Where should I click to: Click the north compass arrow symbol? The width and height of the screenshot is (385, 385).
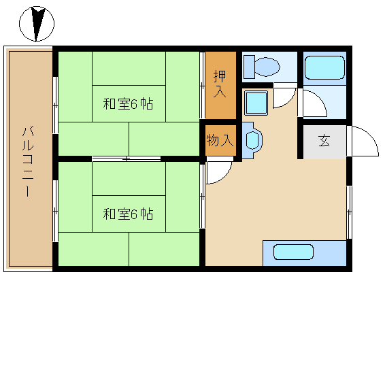click(37, 24)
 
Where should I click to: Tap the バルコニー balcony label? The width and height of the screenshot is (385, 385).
click(28, 161)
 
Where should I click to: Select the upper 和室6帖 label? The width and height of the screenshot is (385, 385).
click(128, 104)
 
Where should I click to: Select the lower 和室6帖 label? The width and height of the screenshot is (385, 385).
click(128, 214)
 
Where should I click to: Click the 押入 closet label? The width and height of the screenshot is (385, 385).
click(220, 84)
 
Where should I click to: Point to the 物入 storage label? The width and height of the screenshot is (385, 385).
click(220, 140)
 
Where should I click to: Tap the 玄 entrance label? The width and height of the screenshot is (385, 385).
click(324, 141)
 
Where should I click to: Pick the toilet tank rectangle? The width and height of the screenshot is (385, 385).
click(249, 67)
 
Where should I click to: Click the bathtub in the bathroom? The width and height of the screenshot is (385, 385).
click(324, 67)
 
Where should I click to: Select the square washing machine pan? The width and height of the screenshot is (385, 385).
click(256, 103)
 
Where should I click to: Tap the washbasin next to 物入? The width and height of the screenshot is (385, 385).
click(252, 140)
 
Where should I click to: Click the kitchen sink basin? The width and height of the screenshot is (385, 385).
click(293, 252)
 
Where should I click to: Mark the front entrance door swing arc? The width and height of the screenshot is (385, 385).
click(369, 137)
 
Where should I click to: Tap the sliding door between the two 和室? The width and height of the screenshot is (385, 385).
click(127, 158)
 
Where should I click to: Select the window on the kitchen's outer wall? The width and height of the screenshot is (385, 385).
click(349, 212)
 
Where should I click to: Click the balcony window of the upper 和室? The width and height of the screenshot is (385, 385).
click(56, 105)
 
